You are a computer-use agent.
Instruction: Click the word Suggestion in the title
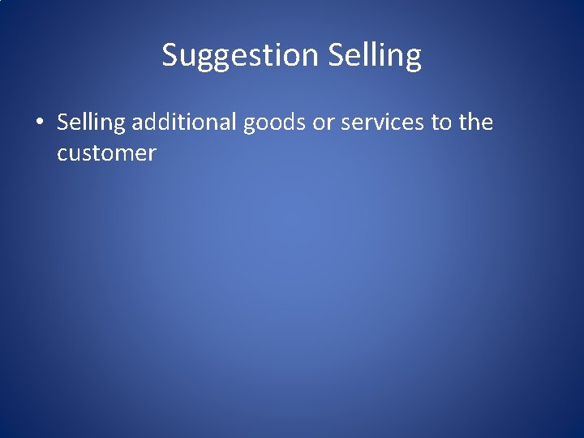[x=240, y=55]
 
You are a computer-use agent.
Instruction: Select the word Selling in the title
[x=375, y=55]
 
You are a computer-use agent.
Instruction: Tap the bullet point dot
[x=38, y=122]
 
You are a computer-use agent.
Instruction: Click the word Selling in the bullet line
[x=91, y=122]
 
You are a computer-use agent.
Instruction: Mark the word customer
[x=106, y=153]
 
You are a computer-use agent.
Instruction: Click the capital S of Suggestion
[x=170, y=55]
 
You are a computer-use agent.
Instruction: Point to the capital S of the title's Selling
[x=337, y=55]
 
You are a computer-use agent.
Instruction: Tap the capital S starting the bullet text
[x=63, y=122]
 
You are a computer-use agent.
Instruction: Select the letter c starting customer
[x=62, y=154]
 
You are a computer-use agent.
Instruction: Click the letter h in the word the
[x=476, y=122]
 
